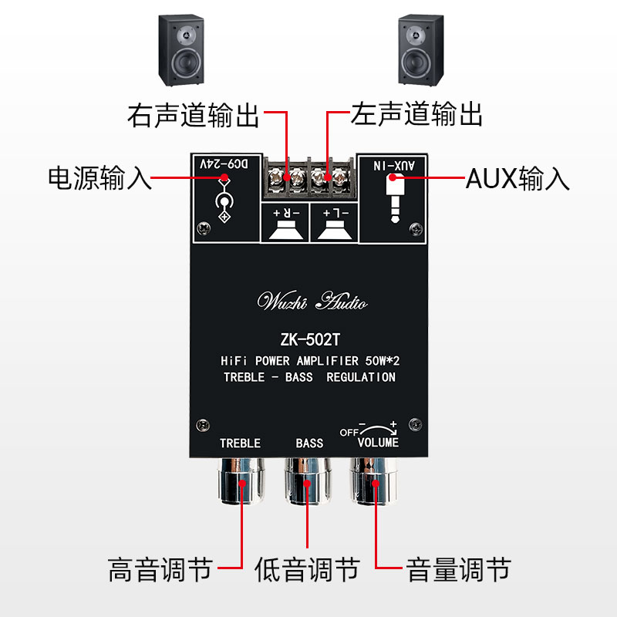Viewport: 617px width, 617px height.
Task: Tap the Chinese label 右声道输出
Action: [x=193, y=116]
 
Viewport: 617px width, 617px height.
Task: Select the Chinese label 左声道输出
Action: [x=416, y=116]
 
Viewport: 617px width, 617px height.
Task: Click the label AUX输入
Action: [x=518, y=179]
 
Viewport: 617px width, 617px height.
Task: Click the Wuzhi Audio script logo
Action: [x=312, y=301]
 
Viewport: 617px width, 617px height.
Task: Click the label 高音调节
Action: [x=160, y=571]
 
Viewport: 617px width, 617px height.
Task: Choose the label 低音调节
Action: [x=307, y=571]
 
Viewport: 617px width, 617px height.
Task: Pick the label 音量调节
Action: [x=458, y=571]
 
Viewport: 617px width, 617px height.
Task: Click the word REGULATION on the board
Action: [x=361, y=377]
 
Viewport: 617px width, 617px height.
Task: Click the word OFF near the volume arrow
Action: [x=349, y=433]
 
